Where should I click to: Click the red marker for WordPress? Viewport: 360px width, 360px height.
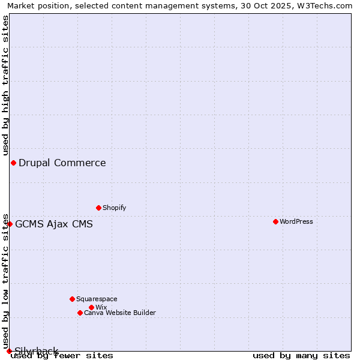point(275,221)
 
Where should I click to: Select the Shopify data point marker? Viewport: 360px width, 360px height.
point(98,208)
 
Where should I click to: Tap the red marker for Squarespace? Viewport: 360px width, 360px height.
point(72,299)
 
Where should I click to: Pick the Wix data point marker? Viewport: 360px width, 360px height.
point(91,307)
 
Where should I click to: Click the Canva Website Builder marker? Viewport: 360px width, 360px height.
point(80,313)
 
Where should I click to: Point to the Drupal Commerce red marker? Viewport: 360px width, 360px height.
point(13,163)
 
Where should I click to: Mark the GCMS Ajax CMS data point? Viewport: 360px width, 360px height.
point(10,224)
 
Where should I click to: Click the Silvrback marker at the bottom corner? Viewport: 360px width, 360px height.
point(9,351)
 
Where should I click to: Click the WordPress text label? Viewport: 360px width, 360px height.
point(296,221)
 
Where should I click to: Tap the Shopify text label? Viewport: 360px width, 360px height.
point(115,208)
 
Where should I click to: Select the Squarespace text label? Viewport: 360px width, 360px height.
point(97,299)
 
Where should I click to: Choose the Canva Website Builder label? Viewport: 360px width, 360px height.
point(120,313)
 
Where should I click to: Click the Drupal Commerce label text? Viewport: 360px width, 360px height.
point(62,163)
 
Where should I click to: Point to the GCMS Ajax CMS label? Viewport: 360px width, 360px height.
point(54,224)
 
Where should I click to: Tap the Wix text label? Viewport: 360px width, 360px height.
point(101,307)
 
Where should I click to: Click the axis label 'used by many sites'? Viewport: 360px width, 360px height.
point(301,356)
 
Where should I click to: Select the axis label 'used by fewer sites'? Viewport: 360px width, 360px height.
point(62,356)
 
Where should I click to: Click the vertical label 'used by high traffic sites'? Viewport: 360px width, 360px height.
point(5,85)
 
